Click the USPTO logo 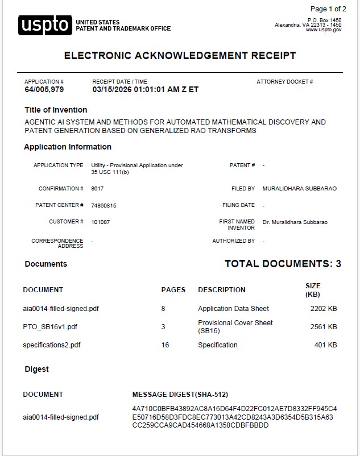(45, 26)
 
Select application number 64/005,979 (44, 90)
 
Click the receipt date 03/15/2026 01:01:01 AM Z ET (145, 90)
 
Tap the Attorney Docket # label (285, 82)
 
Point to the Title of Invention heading (56, 110)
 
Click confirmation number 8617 (97, 188)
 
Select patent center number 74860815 (104, 205)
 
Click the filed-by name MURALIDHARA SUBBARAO (299, 188)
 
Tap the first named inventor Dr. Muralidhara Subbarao (295, 222)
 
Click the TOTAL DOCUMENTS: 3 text (283, 264)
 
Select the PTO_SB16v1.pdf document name (50, 327)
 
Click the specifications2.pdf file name (52, 345)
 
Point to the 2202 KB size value (324, 309)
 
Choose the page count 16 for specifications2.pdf (165, 345)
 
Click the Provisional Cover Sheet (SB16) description (235, 326)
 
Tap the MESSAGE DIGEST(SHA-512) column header (180, 395)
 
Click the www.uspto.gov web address (324, 30)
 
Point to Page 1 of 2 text (328, 9)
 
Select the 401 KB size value (326, 345)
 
